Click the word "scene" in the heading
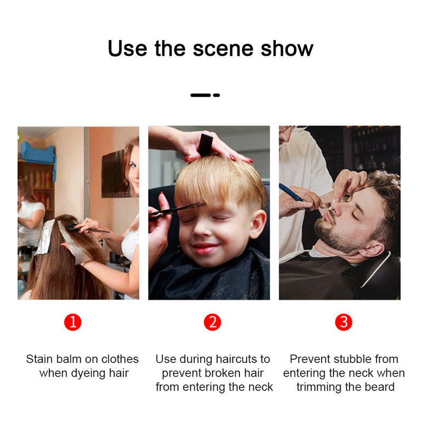223,49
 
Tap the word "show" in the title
287,49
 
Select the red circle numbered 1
73,322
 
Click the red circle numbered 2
213,322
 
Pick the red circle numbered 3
343,322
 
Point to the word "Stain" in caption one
39,359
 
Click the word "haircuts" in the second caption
236,359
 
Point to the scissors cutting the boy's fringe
175,210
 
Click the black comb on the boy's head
206,145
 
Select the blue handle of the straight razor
291,192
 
